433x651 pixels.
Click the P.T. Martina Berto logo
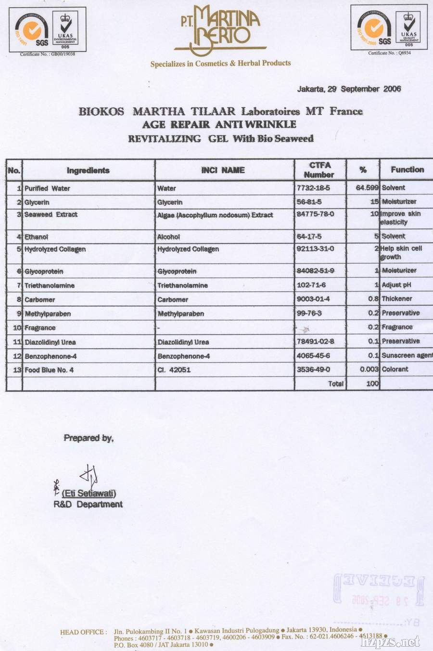point(221,30)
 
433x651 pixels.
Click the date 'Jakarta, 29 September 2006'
point(349,89)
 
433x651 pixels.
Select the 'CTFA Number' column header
point(319,170)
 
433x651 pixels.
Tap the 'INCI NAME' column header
point(223,170)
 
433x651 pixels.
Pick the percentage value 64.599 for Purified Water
point(367,188)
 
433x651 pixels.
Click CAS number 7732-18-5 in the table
point(313,188)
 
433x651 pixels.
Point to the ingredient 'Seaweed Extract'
point(51,215)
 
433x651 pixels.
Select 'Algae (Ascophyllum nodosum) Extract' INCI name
point(215,215)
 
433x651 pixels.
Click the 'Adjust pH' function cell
point(396,285)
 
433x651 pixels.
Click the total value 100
point(372,384)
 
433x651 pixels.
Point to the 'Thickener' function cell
point(397,299)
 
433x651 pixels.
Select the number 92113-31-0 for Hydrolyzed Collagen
point(315,249)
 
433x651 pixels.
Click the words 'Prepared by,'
point(89,438)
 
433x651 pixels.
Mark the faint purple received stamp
point(378,591)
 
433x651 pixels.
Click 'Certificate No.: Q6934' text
point(390,53)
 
